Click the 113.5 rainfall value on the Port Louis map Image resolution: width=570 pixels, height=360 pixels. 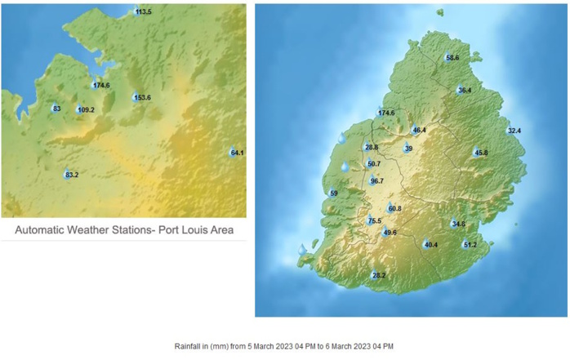coord(144,12)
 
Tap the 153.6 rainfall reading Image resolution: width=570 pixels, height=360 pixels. coord(142,98)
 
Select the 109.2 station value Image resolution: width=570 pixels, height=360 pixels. coord(86,110)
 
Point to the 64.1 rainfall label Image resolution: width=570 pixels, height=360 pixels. coord(238,153)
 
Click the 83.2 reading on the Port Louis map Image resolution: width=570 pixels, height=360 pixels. coord(72,175)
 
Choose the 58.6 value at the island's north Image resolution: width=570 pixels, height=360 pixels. coord(452,58)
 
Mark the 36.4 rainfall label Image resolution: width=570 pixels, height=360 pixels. coord(465,90)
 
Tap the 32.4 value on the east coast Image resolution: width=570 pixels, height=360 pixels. coord(514,131)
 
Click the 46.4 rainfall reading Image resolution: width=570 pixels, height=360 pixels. coord(420,130)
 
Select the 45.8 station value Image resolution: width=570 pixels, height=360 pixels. coord(481,153)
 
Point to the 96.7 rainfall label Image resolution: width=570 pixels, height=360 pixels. coord(377,181)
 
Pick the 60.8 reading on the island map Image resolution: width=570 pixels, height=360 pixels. coord(394,209)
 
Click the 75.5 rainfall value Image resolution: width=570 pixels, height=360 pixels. coord(375,221)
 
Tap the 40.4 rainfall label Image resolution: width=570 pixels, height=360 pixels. coord(431,245)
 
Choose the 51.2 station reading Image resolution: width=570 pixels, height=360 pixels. coord(470,245)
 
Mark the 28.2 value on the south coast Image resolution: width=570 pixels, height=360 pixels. coord(378,276)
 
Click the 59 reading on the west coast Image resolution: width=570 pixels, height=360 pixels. coord(333,193)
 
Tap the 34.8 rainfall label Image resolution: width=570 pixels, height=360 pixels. coord(458,224)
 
